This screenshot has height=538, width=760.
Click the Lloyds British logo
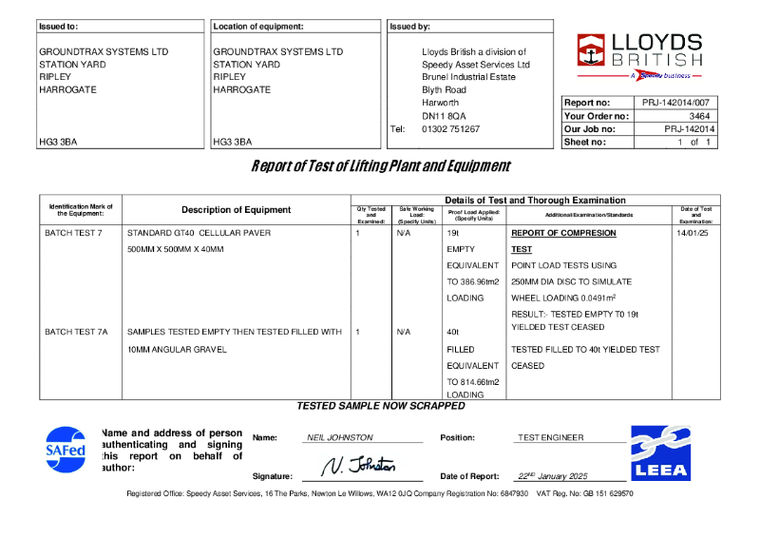(x=639, y=55)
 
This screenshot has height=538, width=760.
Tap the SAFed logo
(x=66, y=450)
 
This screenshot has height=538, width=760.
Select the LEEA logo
(x=659, y=452)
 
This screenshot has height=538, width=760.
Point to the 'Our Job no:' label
(x=590, y=128)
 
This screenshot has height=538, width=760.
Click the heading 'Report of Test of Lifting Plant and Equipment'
(x=380, y=166)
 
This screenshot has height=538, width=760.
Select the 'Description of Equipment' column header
(x=236, y=210)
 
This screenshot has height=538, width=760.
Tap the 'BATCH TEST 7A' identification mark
(x=77, y=332)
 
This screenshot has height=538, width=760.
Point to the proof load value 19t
(x=453, y=233)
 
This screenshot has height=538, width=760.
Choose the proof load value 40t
(x=453, y=332)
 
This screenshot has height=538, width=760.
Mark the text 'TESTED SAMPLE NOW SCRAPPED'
(x=380, y=406)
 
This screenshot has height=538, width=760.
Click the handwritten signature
(x=358, y=466)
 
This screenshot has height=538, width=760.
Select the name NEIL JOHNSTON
(x=340, y=437)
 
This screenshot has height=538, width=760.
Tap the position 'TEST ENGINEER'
(x=551, y=437)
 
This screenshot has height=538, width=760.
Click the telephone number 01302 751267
(x=450, y=128)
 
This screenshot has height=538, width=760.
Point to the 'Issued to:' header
(x=59, y=27)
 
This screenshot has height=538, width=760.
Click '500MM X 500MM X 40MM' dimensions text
(x=176, y=249)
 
